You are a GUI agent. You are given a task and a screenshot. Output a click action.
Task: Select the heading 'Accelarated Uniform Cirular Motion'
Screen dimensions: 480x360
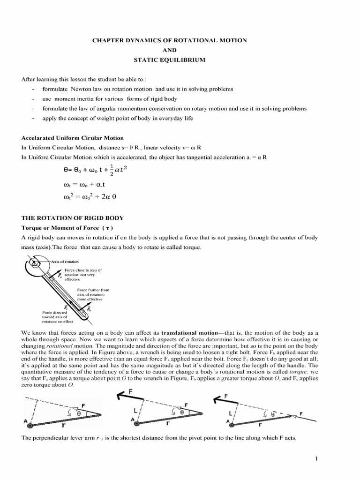point(73,138)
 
